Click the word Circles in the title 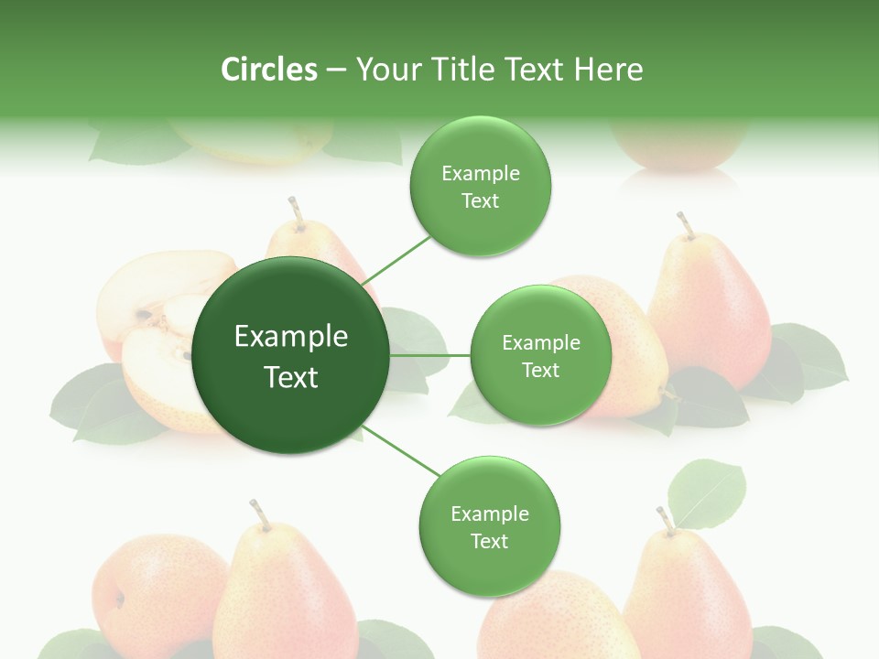tap(269, 70)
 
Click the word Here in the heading tap(608, 70)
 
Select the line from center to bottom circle tap(403, 452)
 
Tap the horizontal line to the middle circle tap(430, 355)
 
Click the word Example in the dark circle tap(291, 337)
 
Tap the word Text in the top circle tap(481, 201)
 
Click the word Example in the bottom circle tap(490, 514)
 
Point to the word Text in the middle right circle tap(541, 371)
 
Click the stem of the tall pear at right tap(684, 224)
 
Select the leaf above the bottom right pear tap(706, 493)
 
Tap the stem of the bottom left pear tap(259, 514)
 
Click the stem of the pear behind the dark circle tap(296, 211)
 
